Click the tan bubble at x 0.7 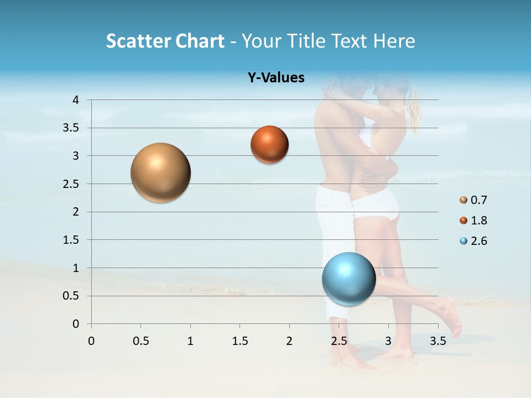tap(161, 172)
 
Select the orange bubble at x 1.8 tap(269, 145)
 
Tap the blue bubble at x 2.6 tap(349, 279)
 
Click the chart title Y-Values tap(276, 78)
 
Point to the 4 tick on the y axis tap(76, 100)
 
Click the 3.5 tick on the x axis tap(438, 341)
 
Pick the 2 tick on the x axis tap(289, 341)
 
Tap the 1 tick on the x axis tap(190, 341)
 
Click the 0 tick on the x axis tap(91, 341)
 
